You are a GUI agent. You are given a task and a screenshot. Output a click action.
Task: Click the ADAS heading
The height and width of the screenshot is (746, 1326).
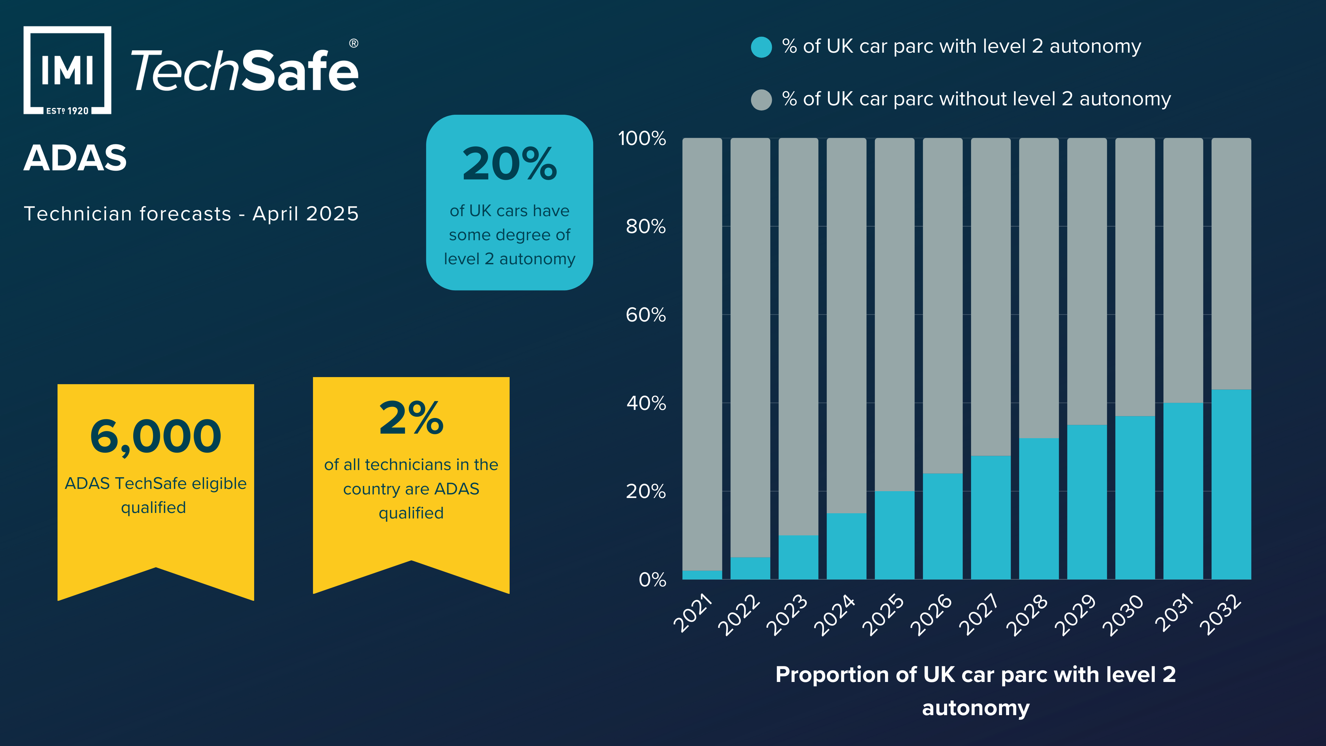(75, 158)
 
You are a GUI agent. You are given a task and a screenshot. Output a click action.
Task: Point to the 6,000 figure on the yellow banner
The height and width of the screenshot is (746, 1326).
(155, 437)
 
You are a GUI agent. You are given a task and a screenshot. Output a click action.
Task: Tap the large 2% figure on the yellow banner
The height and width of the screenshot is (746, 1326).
(411, 418)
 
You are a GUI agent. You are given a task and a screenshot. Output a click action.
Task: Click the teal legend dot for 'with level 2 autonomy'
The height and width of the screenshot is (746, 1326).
(761, 47)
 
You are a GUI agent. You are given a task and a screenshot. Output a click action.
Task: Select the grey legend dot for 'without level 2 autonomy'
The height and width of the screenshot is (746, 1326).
(761, 99)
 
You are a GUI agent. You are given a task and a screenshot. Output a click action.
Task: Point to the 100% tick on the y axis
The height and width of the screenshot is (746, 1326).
(642, 138)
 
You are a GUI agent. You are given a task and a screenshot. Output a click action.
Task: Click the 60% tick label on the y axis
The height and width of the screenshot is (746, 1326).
(645, 315)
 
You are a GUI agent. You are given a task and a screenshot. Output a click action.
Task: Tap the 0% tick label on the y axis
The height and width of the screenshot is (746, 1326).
(652, 580)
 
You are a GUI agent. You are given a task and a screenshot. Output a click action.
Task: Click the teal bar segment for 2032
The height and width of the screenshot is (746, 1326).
(1231, 484)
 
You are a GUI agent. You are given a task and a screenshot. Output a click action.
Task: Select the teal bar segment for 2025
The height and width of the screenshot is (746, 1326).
(894, 535)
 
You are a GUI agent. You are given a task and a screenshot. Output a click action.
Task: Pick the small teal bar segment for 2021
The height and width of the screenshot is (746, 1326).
(702, 575)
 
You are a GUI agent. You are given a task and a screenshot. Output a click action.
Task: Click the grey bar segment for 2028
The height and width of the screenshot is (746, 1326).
(1038, 288)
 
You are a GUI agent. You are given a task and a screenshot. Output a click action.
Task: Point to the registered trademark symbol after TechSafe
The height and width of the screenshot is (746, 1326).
(354, 43)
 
